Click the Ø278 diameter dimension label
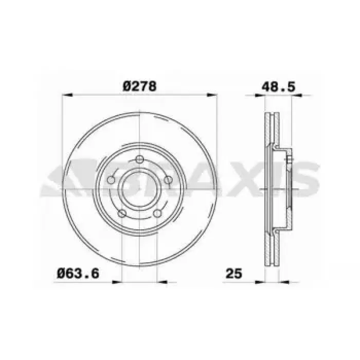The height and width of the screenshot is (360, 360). pyautogui.click(x=139, y=86)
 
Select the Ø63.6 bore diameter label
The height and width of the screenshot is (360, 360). pyautogui.click(x=78, y=274)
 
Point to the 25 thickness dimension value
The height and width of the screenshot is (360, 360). pyautogui.click(x=234, y=274)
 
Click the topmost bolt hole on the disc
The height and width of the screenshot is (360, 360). pyautogui.click(x=139, y=159)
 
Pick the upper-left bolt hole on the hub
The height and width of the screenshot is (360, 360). pyautogui.click(x=111, y=180)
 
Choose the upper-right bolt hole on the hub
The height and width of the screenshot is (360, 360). pyautogui.click(x=168, y=180)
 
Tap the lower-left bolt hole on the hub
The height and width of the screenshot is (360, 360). pyautogui.click(x=122, y=213)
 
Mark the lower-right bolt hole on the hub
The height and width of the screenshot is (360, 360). pyautogui.click(x=157, y=213)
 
